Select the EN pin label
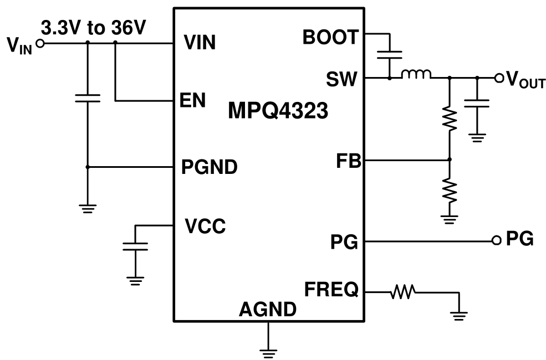(x=192, y=100)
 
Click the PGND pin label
(x=210, y=167)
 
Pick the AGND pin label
(x=267, y=310)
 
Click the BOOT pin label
(x=331, y=37)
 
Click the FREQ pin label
(x=331, y=290)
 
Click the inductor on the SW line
(x=416, y=75)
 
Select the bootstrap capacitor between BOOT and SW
(x=390, y=55)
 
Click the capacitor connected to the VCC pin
(x=135, y=246)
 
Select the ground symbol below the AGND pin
(x=268, y=349)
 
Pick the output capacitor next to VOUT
(x=476, y=103)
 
